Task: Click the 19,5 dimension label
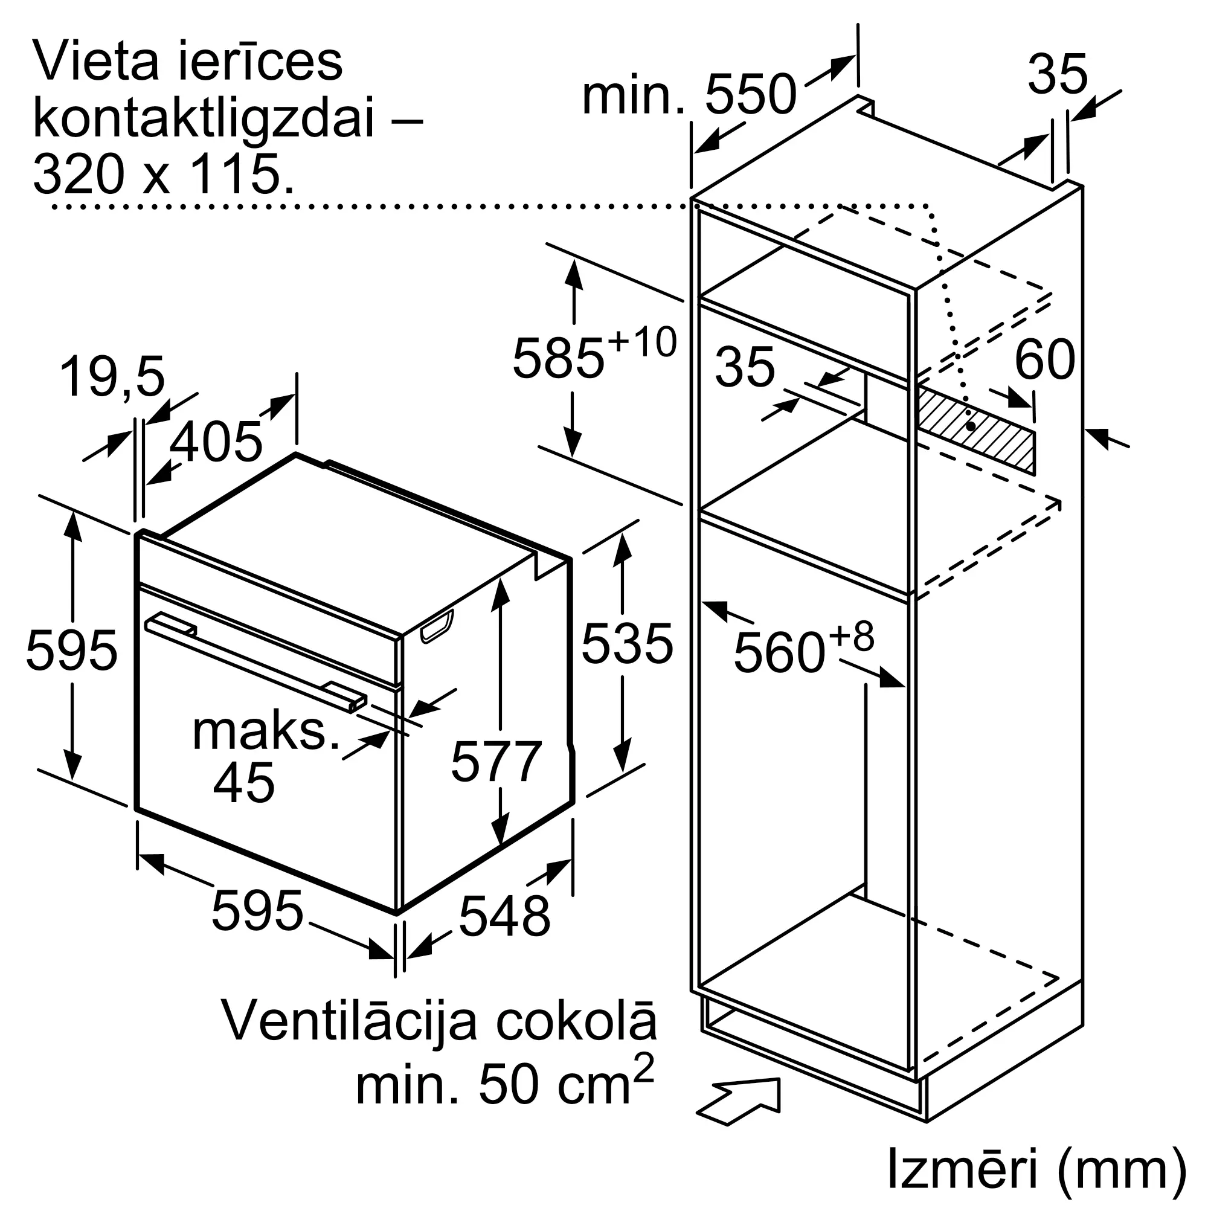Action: tap(112, 376)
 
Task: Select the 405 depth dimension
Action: tap(216, 441)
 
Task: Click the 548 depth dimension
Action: tap(504, 916)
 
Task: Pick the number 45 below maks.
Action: tap(244, 782)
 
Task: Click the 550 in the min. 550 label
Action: tap(751, 94)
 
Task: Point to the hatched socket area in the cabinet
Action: tap(975, 429)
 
